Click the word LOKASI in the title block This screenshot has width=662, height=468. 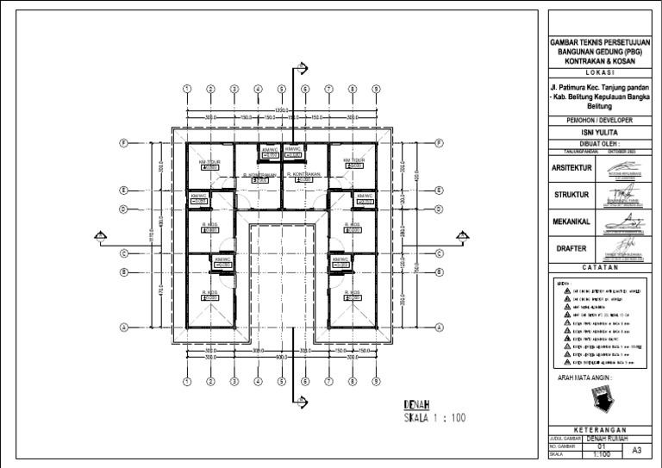pos(597,72)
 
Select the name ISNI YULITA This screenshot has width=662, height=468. pos(597,131)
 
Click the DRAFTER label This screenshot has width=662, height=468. pos(569,248)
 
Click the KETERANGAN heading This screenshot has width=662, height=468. pos(597,430)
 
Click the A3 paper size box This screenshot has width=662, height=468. pos(636,451)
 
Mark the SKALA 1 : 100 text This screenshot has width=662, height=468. pos(434,419)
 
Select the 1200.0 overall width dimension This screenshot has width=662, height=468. pos(281,109)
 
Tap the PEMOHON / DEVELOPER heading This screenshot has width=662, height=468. pos(597,119)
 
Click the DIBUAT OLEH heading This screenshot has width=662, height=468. pos(597,142)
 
